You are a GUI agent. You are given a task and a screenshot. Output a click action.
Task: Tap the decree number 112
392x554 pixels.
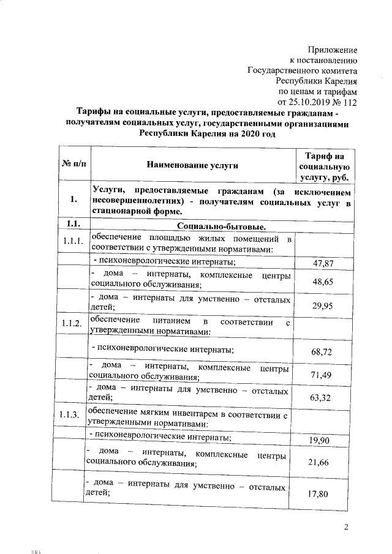pyautogui.click(x=349, y=101)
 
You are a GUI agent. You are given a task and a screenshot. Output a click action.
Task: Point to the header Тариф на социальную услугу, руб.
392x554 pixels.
pyautogui.click(x=324, y=165)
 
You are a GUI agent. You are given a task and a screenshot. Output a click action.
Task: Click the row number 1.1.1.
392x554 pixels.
pyautogui.click(x=73, y=241)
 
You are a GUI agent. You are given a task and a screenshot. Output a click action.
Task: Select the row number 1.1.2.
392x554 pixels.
pyautogui.click(x=73, y=324)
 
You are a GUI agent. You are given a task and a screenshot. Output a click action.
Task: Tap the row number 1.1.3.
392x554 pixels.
pyautogui.click(x=73, y=416)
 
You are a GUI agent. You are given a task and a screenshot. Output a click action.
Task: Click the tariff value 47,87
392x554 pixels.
pyautogui.click(x=322, y=264)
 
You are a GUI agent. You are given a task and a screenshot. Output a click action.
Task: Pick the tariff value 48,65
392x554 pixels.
pyautogui.click(x=322, y=283)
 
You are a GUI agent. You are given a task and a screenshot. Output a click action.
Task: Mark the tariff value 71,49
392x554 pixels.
pyautogui.click(x=322, y=375)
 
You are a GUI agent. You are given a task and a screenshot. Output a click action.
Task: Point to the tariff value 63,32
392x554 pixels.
pyautogui.click(x=322, y=398)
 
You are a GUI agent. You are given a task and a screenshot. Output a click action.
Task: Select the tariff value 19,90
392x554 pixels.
pyautogui.click(x=322, y=441)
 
